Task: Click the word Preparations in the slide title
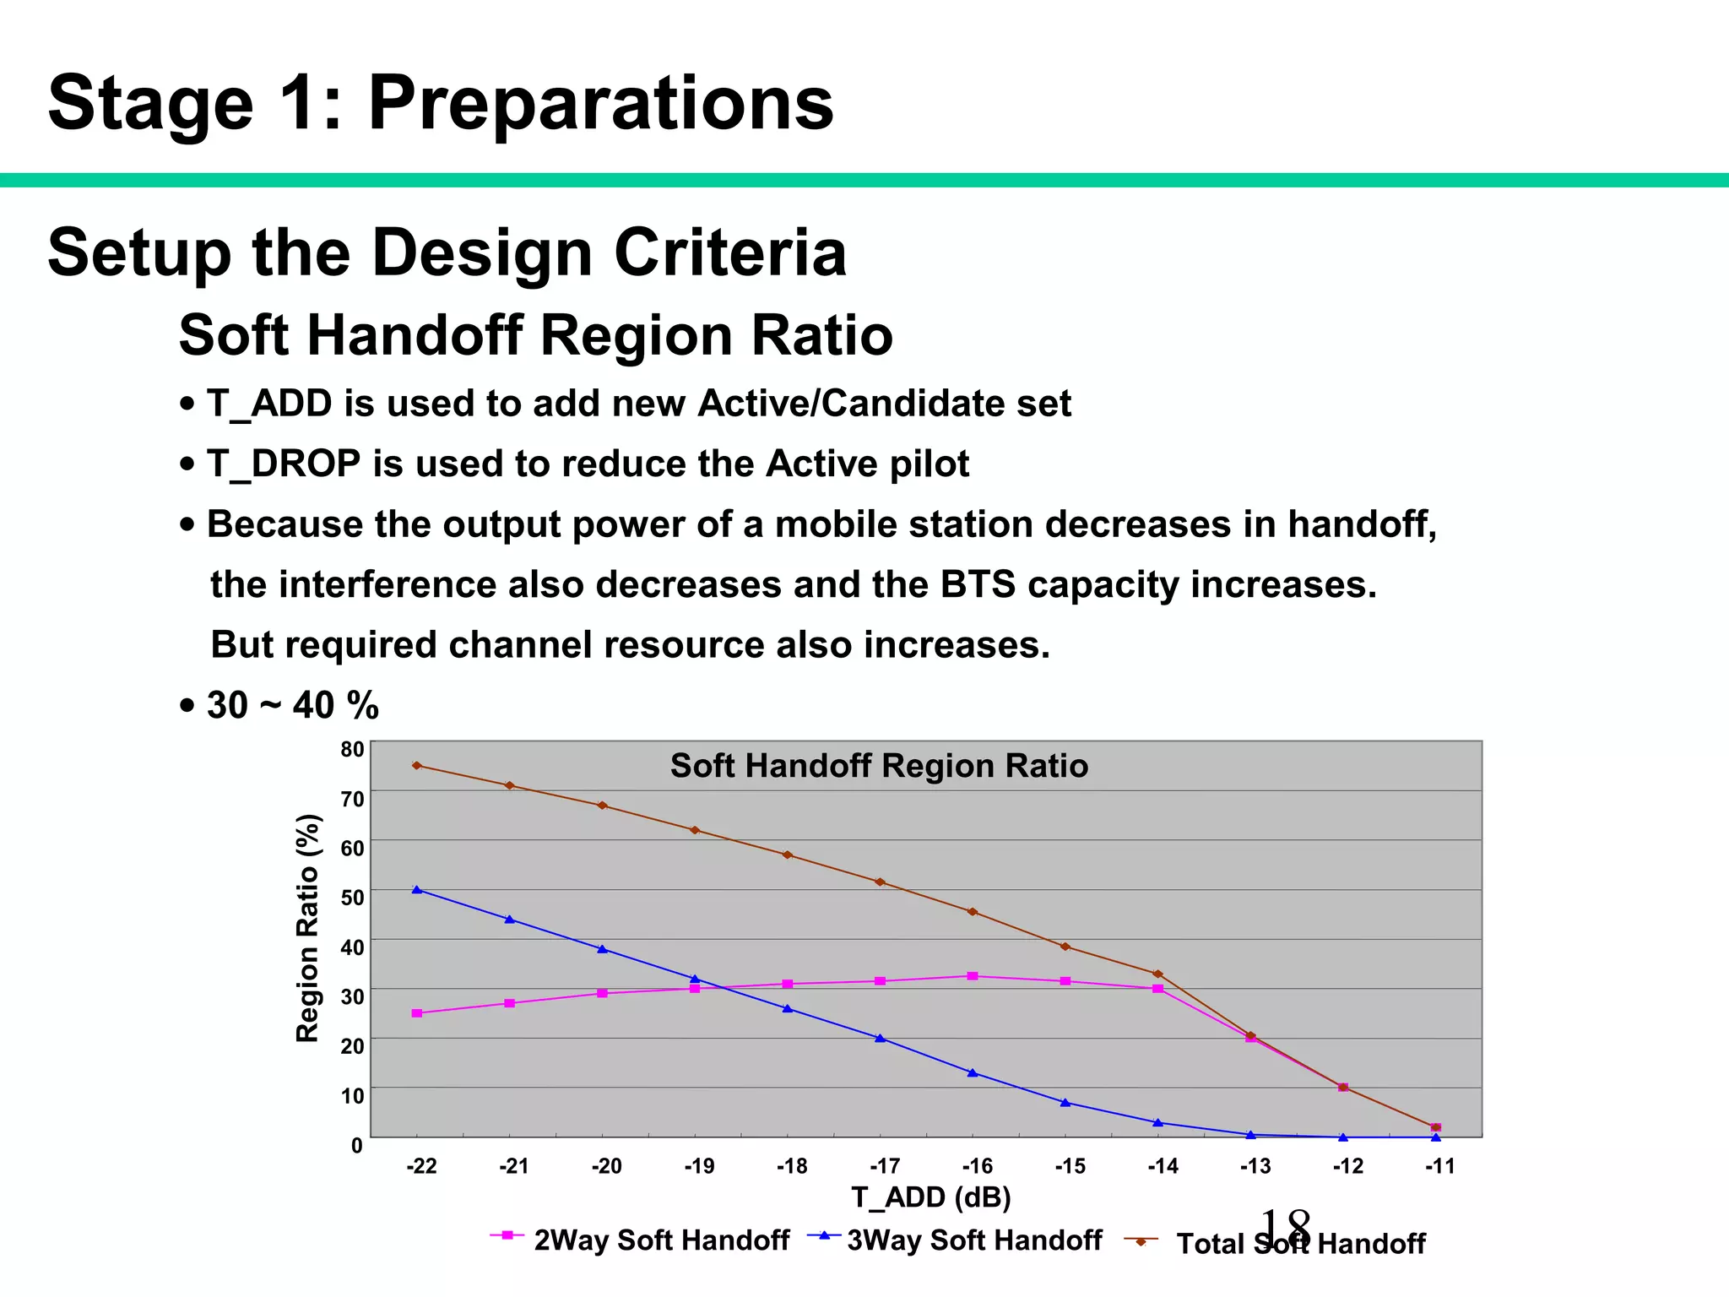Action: (x=600, y=103)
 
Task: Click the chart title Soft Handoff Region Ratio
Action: (x=879, y=766)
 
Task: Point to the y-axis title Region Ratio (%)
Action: (x=308, y=928)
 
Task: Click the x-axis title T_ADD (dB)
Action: (x=930, y=1197)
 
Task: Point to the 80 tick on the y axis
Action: (x=352, y=750)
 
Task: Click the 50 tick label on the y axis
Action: (x=352, y=898)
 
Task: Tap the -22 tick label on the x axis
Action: (x=421, y=1167)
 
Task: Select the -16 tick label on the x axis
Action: (x=977, y=1167)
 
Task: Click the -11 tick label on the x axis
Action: (x=1440, y=1167)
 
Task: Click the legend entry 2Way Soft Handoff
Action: (x=661, y=1240)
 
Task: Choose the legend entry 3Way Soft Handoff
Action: (x=974, y=1240)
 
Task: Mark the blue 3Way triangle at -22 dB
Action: (x=417, y=890)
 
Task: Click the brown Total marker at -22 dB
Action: (x=417, y=766)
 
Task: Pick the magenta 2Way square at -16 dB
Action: (x=973, y=976)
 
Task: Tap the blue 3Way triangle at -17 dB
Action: (x=881, y=1039)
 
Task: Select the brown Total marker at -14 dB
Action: (x=1158, y=974)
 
